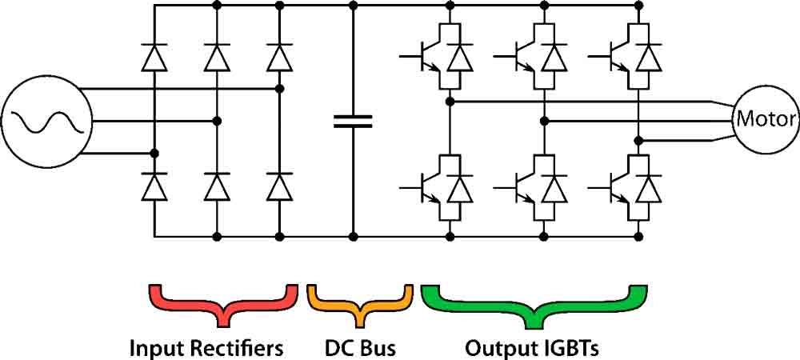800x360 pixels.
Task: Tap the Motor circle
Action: pyautogui.click(x=766, y=120)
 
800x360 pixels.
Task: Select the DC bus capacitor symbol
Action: pyautogui.click(x=353, y=121)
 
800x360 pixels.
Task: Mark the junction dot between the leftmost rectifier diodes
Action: pyautogui.click(x=154, y=153)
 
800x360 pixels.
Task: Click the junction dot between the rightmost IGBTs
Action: pyautogui.click(x=638, y=140)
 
